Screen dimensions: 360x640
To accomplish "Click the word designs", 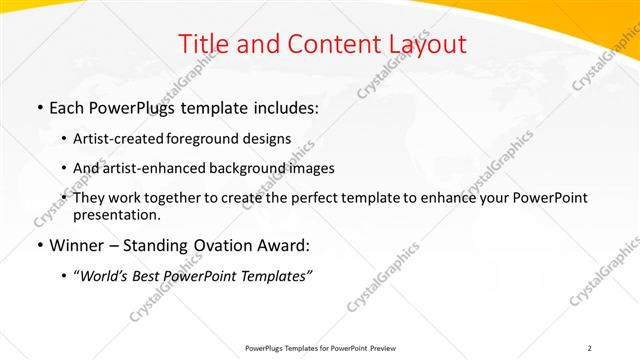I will click(x=269, y=139).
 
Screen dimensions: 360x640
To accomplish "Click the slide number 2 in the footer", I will click(x=590, y=347).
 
